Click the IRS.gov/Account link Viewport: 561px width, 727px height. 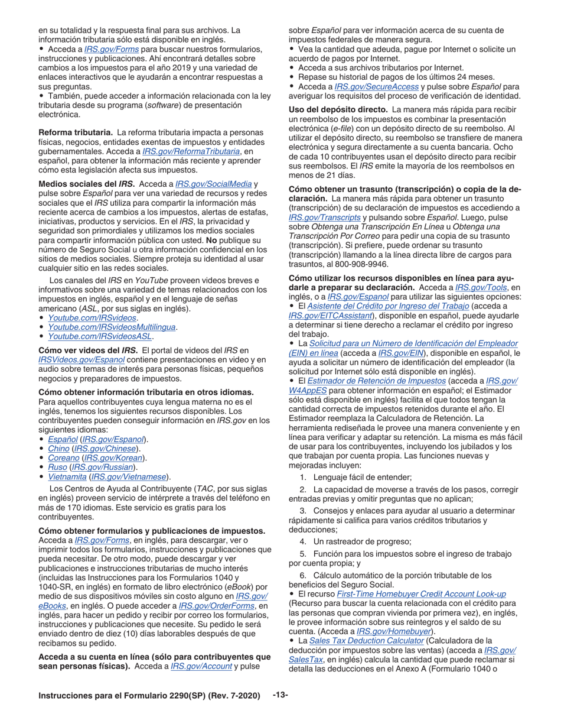(193, 666)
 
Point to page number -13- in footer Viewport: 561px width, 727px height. (280, 696)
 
